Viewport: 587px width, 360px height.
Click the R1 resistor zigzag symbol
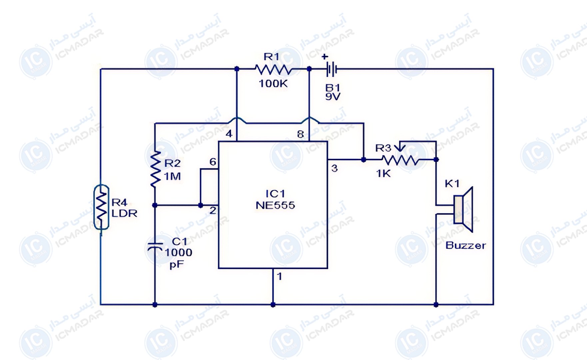click(273, 69)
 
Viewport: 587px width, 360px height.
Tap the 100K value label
click(273, 84)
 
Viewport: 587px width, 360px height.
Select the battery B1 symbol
click(331, 69)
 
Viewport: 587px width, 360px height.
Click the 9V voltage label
click(333, 97)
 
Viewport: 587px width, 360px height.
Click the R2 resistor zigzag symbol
click(155, 169)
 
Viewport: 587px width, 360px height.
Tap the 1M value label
click(173, 176)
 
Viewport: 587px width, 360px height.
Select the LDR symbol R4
click(101, 207)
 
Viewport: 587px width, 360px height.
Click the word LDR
click(124, 214)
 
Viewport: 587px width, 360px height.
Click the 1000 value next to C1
click(179, 252)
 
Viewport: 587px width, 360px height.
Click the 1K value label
click(383, 174)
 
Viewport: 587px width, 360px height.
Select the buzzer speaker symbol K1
click(463, 209)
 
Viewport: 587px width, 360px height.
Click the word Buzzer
click(465, 246)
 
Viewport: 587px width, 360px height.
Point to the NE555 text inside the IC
click(275, 205)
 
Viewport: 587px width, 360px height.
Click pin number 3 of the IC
click(334, 168)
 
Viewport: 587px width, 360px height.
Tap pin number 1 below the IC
click(280, 276)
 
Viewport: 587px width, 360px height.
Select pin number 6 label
click(213, 162)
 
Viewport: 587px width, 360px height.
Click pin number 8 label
click(300, 134)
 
